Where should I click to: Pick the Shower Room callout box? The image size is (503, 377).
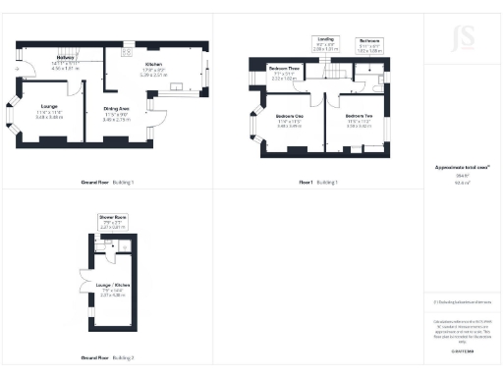[x=112, y=219]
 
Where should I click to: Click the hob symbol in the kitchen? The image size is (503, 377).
[x=129, y=44]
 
